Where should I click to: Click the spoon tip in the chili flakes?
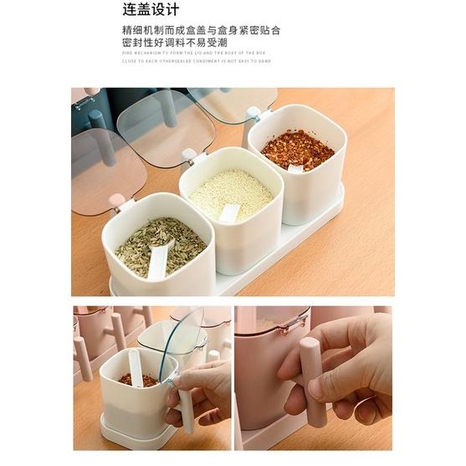(x=295, y=168)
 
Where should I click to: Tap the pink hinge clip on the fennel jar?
(x=117, y=202)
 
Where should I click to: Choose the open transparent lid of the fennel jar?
(x=104, y=171)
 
